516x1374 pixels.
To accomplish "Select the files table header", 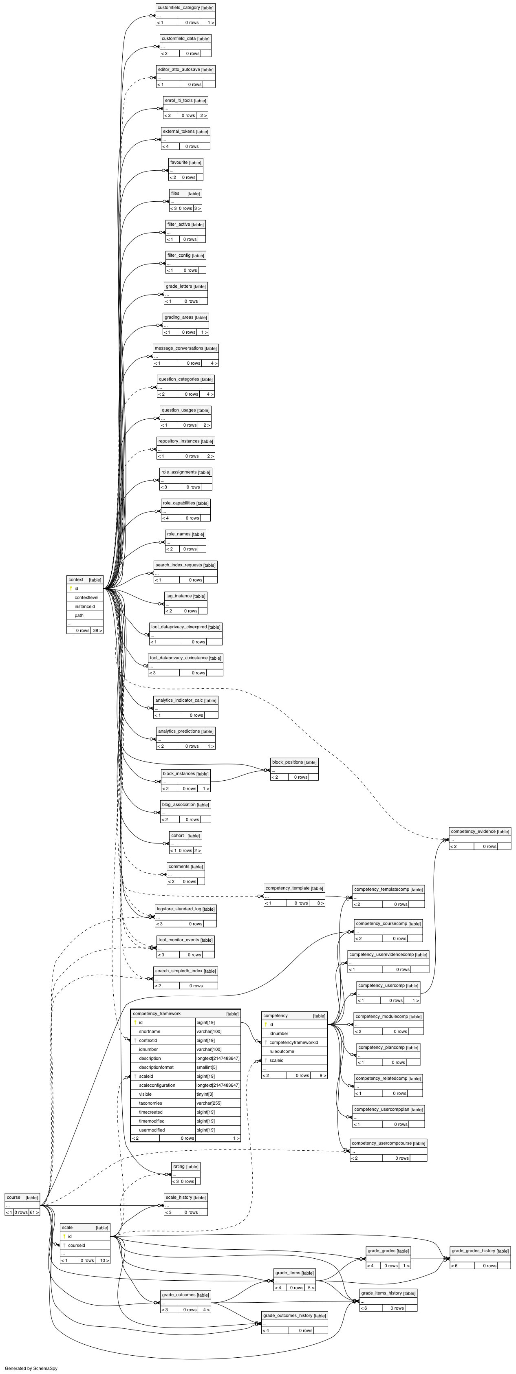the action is [185, 194].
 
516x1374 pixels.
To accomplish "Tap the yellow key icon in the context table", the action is [71, 589].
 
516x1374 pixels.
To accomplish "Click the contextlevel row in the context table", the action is [86, 597].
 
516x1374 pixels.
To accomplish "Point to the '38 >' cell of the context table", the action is [97, 630].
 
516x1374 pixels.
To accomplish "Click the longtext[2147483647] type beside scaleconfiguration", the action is [218, 1086].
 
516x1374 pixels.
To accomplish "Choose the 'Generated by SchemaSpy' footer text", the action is [31, 1368].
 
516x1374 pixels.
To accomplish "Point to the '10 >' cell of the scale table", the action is [104, 1260].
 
